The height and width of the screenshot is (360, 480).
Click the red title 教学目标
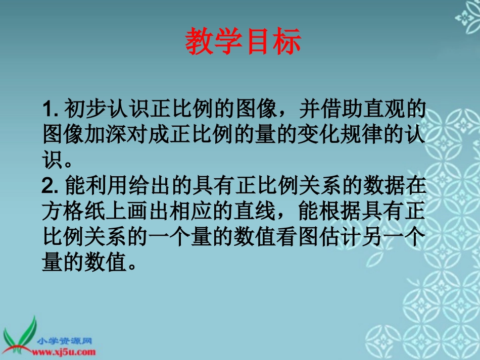point(243,41)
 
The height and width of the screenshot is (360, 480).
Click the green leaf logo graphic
point(20,333)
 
